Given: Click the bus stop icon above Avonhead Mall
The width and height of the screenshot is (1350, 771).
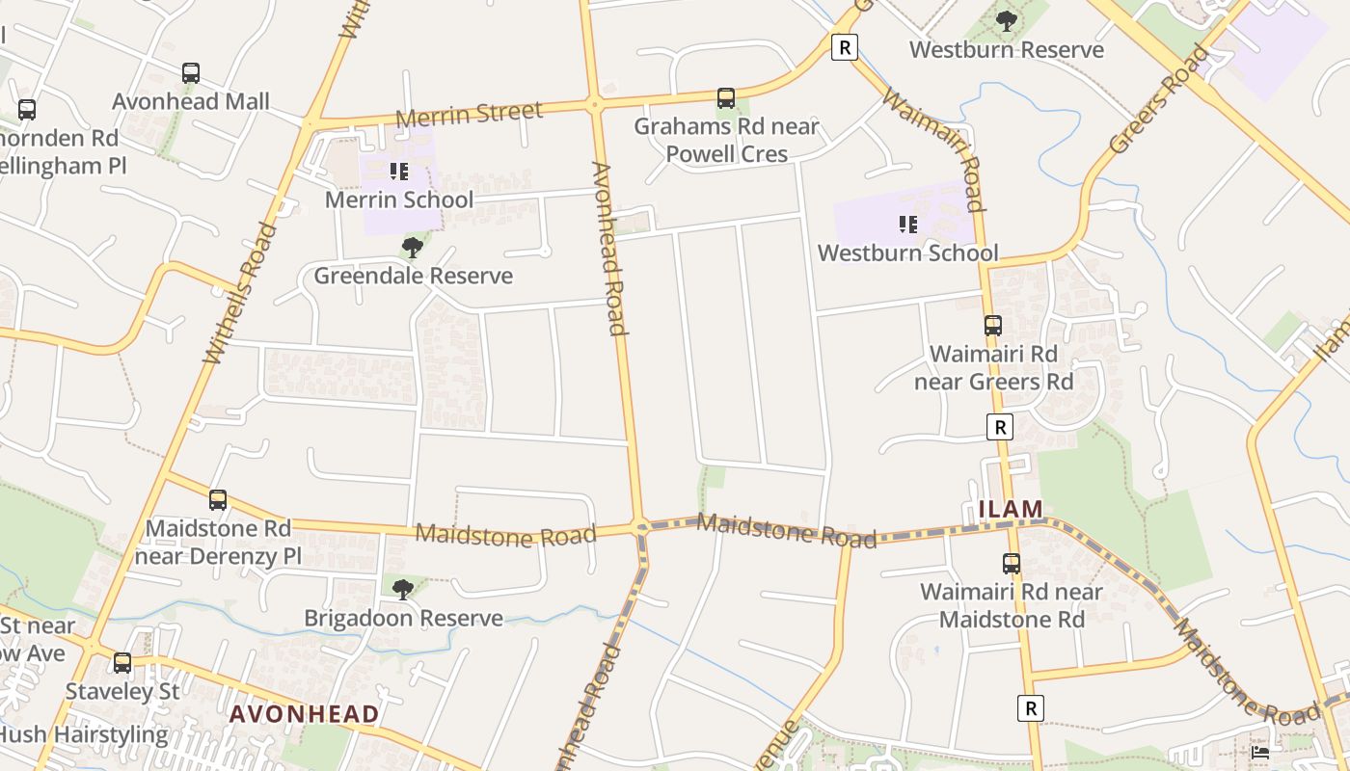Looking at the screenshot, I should [x=191, y=73].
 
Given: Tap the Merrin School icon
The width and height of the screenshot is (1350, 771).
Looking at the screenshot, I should [x=399, y=173].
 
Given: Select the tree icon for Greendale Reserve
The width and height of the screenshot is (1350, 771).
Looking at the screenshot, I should [x=413, y=248].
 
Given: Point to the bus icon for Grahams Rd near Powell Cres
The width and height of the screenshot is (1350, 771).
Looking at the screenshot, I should [x=726, y=98].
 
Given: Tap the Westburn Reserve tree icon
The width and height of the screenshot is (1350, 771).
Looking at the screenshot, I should [x=1007, y=21].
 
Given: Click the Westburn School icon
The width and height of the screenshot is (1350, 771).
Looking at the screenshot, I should [x=908, y=225].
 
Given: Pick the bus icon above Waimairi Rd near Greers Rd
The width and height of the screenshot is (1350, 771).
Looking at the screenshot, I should [x=993, y=326].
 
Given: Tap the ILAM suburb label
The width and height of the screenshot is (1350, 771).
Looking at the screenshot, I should [x=1011, y=509].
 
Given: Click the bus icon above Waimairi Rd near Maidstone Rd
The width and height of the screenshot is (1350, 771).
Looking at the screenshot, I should [x=1012, y=564].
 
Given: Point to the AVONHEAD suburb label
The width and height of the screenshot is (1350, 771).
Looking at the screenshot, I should [x=304, y=714].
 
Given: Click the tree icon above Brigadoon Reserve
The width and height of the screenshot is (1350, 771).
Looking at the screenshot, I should [x=403, y=589].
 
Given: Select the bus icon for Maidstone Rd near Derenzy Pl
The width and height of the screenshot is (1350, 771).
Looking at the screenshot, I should [x=218, y=500].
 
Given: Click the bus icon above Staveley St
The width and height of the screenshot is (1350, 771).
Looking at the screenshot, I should [x=122, y=663].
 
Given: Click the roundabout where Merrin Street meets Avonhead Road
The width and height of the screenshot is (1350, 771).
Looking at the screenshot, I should [x=595, y=104].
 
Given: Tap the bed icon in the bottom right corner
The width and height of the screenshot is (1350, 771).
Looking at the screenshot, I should [x=1260, y=752].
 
